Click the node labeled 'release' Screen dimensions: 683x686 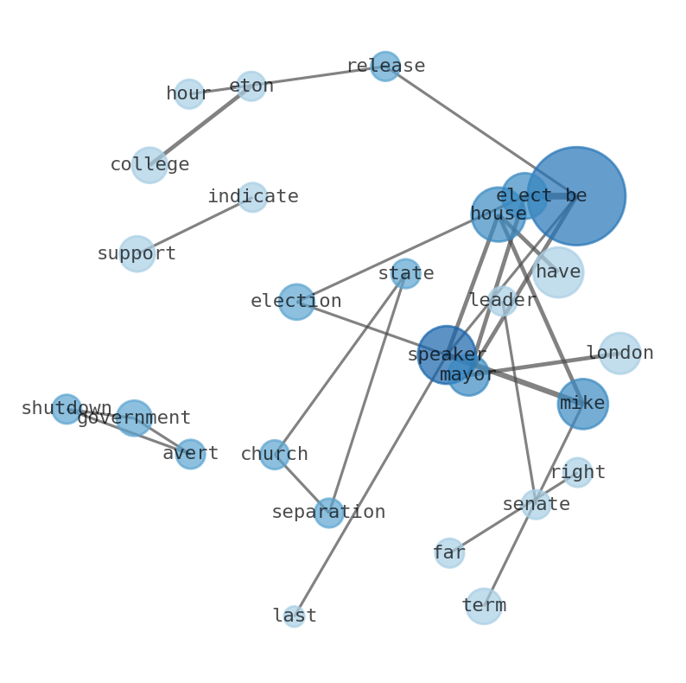coord(384,67)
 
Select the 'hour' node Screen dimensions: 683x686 coord(188,93)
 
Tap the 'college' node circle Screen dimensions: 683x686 coord(149,164)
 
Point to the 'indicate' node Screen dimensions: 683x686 coord(252,197)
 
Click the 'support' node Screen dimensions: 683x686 coord(137,253)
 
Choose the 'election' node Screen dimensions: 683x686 coord(296,302)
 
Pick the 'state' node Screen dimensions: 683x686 coord(405,274)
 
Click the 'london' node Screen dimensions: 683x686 coord(619,353)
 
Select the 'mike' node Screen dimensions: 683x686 coord(582,404)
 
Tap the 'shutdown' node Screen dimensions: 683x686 coord(66,409)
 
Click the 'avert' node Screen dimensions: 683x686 coord(190,454)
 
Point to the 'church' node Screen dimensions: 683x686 coord(274,455)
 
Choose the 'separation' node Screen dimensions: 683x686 coord(328,513)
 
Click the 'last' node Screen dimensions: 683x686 coord(294,616)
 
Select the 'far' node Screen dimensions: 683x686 coord(449,552)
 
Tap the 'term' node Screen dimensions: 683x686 coord(483,606)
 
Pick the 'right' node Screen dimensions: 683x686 coord(577,472)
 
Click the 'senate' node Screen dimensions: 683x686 coord(536,504)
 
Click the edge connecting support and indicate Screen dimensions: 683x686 coord(194,225)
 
